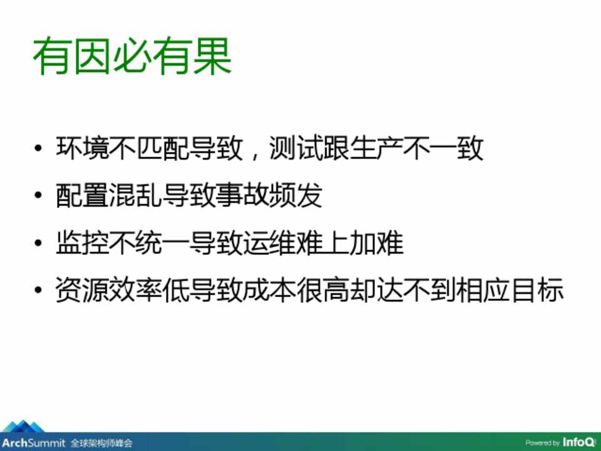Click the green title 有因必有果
pyautogui.click(x=132, y=56)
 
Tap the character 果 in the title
pyautogui.click(x=212, y=56)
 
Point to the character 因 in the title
pyautogui.click(x=93, y=56)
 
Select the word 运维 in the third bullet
pyautogui.click(x=269, y=242)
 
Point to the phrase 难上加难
pyautogui.click(x=349, y=242)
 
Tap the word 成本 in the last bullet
pyautogui.click(x=269, y=289)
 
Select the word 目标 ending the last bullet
pyautogui.click(x=537, y=289)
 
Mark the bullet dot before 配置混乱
pyautogui.click(x=38, y=195)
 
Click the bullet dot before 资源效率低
pyautogui.click(x=38, y=289)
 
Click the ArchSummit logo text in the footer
pyautogui.click(x=33, y=443)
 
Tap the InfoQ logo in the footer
pyautogui.click(x=579, y=442)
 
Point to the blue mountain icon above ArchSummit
pyautogui.click(x=23, y=427)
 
